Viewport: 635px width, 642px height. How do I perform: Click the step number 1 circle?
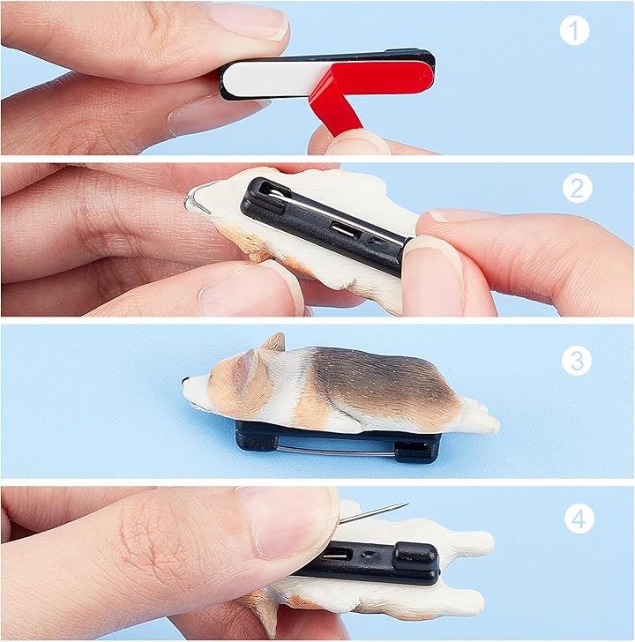point(574,30)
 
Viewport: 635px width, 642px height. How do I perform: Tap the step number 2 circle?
point(577,188)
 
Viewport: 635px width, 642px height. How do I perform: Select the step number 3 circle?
point(577,361)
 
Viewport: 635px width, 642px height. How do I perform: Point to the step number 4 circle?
point(579,519)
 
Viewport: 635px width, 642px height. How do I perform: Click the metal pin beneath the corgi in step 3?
point(335,447)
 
